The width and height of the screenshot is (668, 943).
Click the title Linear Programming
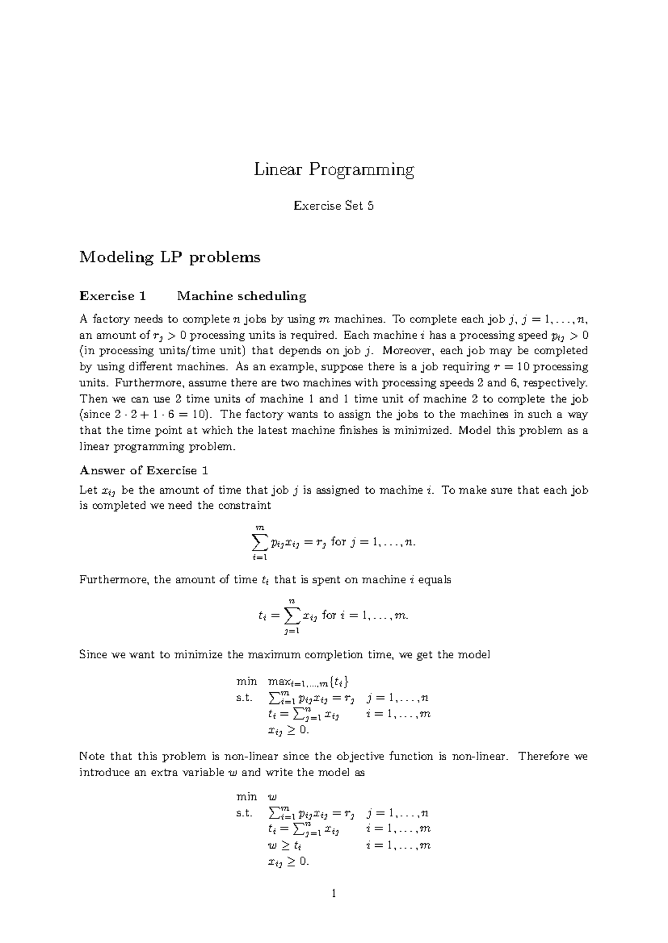334,170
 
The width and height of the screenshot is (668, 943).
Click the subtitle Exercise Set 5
333,206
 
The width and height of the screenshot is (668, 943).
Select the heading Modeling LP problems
170,257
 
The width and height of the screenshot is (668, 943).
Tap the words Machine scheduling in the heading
242,296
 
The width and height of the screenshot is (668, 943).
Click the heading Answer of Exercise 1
144,470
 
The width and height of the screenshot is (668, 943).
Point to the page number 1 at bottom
333,894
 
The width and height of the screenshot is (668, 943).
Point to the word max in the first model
276,682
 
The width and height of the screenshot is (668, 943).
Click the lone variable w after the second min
272,797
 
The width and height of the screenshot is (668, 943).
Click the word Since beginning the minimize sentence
94,654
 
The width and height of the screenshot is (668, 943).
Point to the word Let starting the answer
89,490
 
